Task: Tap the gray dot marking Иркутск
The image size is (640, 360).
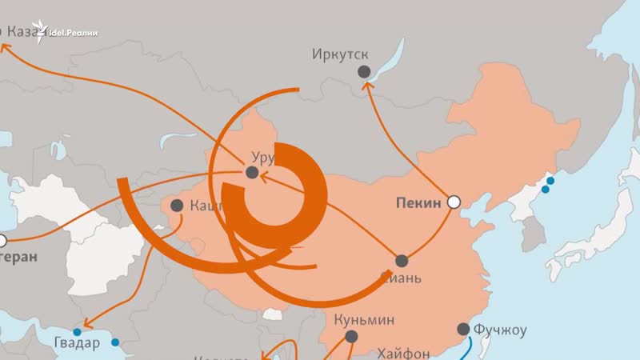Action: coord(364,72)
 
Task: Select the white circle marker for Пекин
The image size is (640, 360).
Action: coord(454,202)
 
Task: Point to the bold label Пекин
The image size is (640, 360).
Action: coord(418,203)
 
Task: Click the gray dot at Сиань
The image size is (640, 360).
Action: coord(402,261)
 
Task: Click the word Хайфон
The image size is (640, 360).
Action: coord(403,351)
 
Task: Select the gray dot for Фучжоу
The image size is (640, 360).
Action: coord(463,329)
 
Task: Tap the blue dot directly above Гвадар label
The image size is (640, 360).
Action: coord(78,332)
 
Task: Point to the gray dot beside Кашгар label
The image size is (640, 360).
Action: coord(176,206)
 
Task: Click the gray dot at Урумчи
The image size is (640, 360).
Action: coord(252,172)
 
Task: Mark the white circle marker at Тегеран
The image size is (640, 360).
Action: coord(2,239)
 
